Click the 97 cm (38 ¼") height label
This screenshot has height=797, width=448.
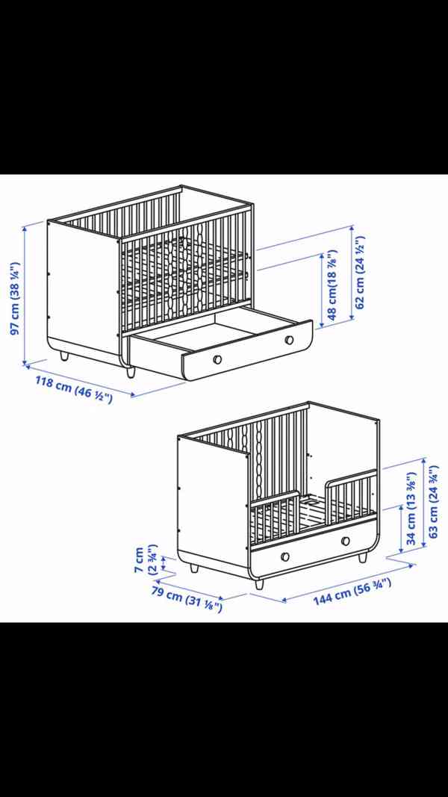click(15, 298)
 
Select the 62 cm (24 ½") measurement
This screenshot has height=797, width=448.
click(360, 273)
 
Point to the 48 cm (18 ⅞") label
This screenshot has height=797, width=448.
click(332, 285)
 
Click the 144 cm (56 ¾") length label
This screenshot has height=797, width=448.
click(352, 592)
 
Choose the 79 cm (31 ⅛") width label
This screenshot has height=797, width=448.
click(187, 600)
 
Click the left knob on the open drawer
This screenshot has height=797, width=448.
click(217, 359)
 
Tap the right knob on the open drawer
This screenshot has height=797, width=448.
click(289, 340)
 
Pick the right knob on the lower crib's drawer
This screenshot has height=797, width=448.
click(346, 540)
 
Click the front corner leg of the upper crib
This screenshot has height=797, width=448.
click(130, 372)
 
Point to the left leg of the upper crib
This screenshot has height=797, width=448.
click(64, 356)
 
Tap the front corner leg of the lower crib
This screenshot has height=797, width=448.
click(259, 583)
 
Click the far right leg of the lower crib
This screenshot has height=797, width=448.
click(363, 557)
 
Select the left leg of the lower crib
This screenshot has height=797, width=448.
click(194, 567)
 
